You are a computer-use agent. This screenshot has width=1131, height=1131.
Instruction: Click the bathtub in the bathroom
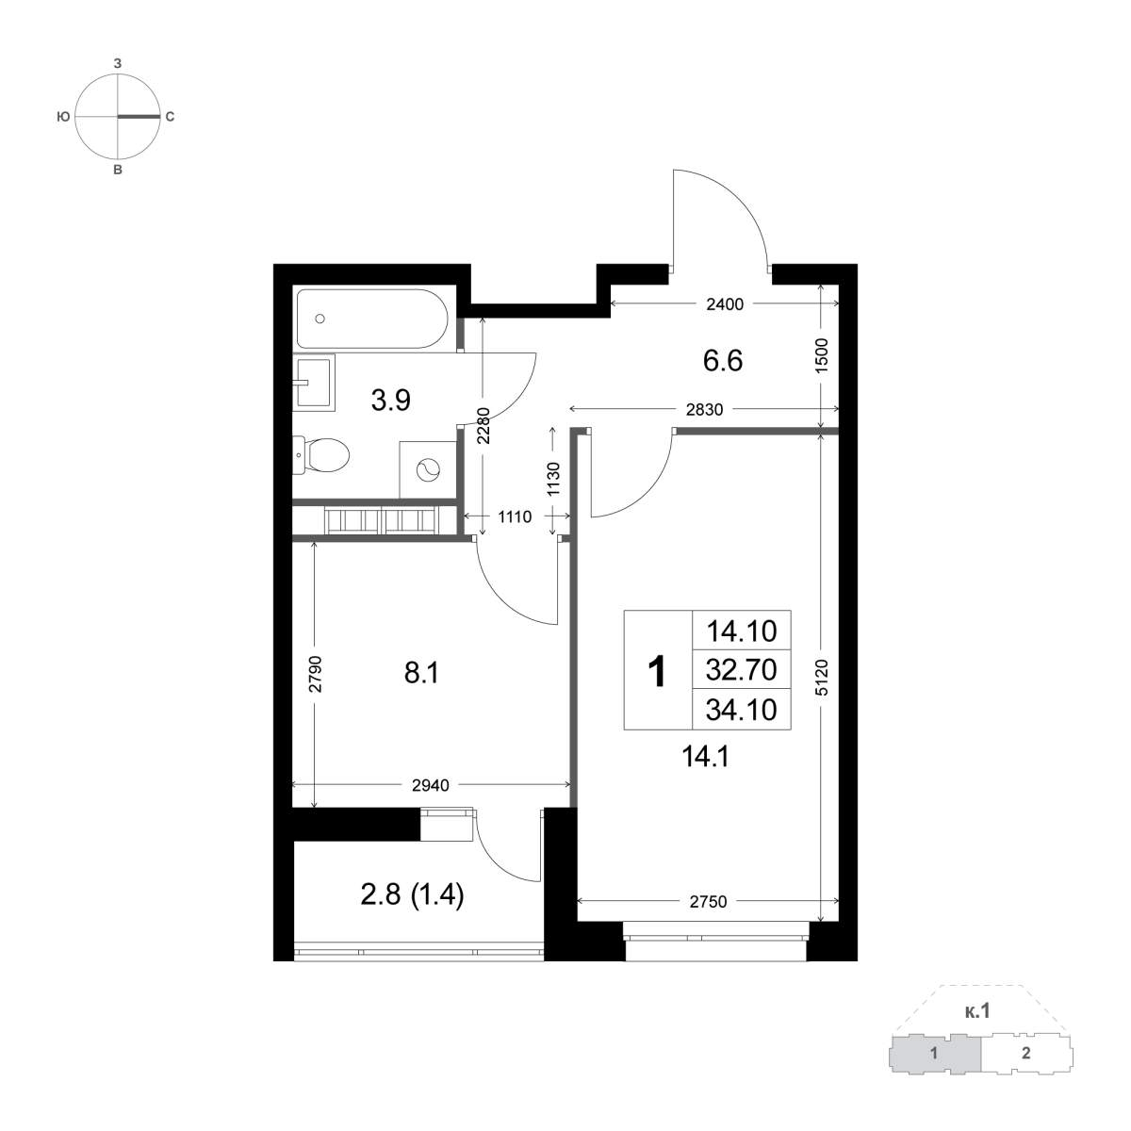pyautogui.click(x=372, y=319)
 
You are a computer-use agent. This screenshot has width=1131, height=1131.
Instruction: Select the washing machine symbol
pyautogui.click(x=427, y=469)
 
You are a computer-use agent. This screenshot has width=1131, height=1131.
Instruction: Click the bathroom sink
pyautogui.click(x=314, y=382)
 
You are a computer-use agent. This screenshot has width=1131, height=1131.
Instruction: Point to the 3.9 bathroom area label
pyautogui.click(x=391, y=401)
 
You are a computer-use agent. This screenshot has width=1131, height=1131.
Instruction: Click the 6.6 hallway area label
pyautogui.click(x=723, y=360)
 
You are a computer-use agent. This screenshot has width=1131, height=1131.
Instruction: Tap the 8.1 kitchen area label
pyautogui.click(x=421, y=673)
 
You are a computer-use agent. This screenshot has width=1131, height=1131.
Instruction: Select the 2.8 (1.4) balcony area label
pyautogui.click(x=412, y=895)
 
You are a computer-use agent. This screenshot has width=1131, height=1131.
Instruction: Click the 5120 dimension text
pyautogui.click(x=822, y=678)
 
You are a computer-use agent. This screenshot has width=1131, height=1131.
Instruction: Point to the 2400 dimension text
pyautogui.click(x=724, y=304)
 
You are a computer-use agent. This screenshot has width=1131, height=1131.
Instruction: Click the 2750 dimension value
pyautogui.click(x=708, y=902)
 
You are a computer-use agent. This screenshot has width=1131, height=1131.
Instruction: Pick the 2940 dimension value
pyautogui.click(x=430, y=785)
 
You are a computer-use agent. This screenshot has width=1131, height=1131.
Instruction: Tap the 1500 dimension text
pyautogui.click(x=822, y=355)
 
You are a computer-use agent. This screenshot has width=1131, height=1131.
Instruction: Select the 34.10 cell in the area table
pyautogui.click(x=742, y=710)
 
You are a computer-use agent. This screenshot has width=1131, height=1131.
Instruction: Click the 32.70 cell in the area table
pyautogui.click(x=742, y=669)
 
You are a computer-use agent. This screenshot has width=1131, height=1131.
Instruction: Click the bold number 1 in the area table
pyautogui.click(x=657, y=671)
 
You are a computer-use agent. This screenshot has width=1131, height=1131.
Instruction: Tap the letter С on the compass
pyautogui.click(x=170, y=118)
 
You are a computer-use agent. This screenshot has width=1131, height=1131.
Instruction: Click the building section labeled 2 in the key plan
pyautogui.click(x=1025, y=1070)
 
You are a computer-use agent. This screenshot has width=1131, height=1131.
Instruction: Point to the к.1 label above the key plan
pyautogui.click(x=976, y=1027)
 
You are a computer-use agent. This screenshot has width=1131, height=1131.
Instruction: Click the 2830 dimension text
pyautogui.click(x=704, y=410)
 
